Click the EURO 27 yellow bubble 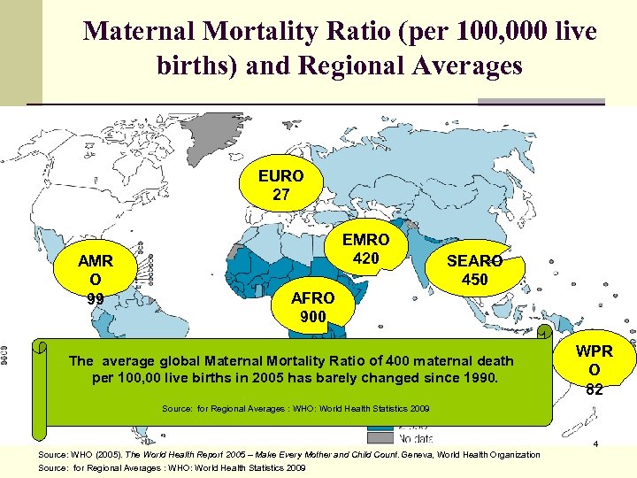280,185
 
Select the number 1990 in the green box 480,378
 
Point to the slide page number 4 596,443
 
